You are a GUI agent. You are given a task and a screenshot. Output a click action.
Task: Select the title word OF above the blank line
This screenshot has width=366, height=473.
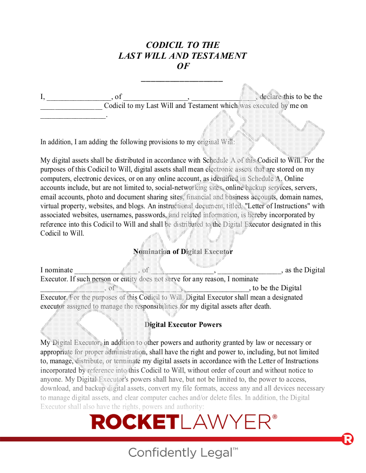(183, 66)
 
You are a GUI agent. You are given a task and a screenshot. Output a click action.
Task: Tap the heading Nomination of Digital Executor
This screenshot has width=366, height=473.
(183, 252)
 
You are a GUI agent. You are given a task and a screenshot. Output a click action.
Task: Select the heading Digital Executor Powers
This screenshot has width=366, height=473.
(183, 324)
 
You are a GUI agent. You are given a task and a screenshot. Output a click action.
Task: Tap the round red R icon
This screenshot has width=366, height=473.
(348, 439)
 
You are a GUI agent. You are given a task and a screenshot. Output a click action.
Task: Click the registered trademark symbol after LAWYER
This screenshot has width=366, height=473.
(274, 417)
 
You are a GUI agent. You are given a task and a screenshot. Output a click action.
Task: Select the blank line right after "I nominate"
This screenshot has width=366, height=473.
(106, 271)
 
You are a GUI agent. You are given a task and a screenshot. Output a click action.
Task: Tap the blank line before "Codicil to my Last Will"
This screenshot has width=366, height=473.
(71, 107)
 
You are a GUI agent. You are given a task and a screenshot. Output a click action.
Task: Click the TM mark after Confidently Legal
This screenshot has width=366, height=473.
(235, 449)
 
